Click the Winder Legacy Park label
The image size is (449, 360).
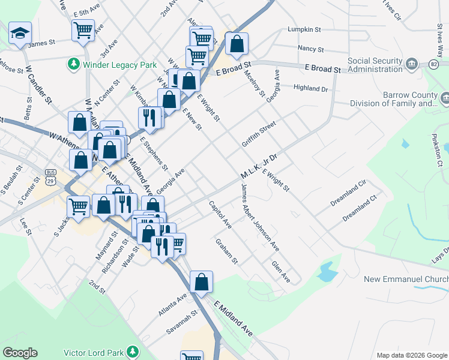pyautogui.click(x=120, y=65)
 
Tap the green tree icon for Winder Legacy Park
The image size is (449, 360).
pyautogui.click(x=74, y=64)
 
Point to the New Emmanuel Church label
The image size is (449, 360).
pyautogui.click(x=406, y=280)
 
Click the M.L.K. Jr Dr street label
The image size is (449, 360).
pyautogui.click(x=259, y=167)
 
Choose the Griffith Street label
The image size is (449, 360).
pyautogui.click(x=259, y=134)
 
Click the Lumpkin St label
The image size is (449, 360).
pyautogui.click(x=304, y=29)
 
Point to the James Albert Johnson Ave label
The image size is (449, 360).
pyautogui.click(x=260, y=217)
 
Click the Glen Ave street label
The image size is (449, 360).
pyautogui.click(x=280, y=272)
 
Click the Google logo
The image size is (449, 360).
pyautogui.click(x=20, y=353)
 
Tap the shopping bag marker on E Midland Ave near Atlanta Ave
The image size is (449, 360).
pyautogui.click(x=202, y=281)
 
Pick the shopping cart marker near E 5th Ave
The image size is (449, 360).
pyautogui.click(x=83, y=29)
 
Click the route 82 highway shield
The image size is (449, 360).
pyautogui.click(x=434, y=64)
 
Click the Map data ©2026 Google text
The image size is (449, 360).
pyautogui.click(x=411, y=355)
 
